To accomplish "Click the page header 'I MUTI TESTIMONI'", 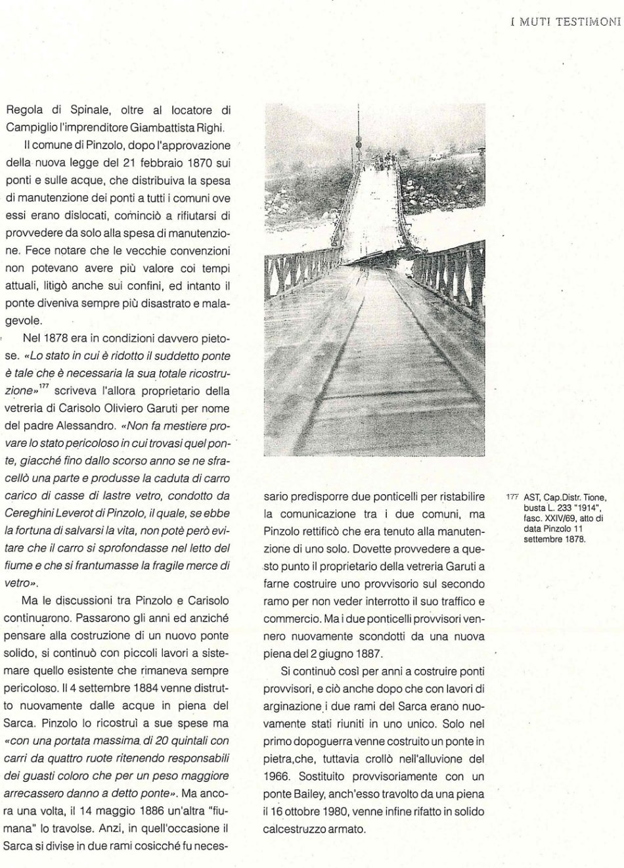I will [566, 21].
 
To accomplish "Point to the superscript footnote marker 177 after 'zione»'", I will [44, 388].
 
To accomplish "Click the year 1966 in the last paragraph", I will [275, 776].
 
